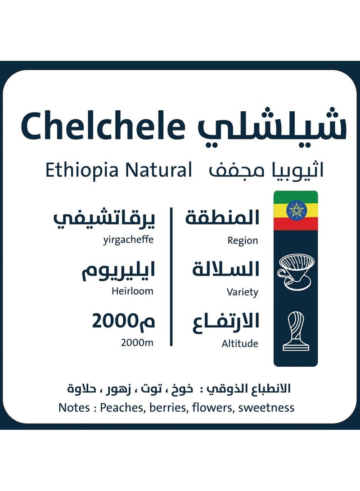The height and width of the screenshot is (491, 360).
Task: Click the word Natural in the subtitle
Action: click(x=158, y=171)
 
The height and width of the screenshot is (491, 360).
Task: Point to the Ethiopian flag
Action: click(x=296, y=211)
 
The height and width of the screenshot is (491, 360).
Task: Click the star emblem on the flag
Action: click(x=296, y=211)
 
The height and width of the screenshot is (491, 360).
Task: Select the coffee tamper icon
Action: click(x=296, y=331)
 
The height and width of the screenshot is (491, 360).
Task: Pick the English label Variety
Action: click(x=242, y=293)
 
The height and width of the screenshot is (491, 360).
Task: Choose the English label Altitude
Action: click(x=240, y=344)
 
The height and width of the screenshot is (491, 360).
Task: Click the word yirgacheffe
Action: click(x=128, y=240)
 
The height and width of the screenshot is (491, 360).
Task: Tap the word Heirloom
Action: click(x=132, y=291)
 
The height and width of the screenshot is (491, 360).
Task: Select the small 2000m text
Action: click(x=137, y=343)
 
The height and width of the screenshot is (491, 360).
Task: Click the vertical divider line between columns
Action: click(x=171, y=276)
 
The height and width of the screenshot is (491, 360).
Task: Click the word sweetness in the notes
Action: click(x=266, y=408)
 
